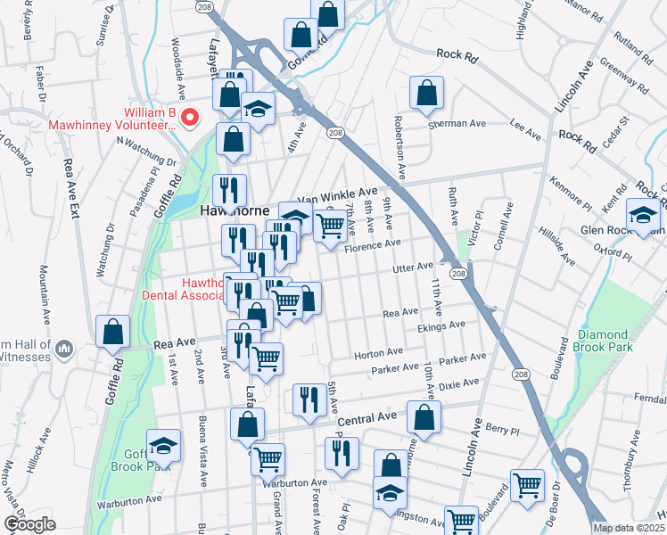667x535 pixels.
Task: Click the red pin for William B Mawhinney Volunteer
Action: (189, 117)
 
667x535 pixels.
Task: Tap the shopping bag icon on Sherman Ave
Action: (427, 92)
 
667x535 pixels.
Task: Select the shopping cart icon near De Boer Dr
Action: (528, 484)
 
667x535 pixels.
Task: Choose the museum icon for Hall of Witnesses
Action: (63, 346)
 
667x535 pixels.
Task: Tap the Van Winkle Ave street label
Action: (337, 193)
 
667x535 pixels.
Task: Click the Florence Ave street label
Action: (373, 246)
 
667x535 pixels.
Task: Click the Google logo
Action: (29, 524)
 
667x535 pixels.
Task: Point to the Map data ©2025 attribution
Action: (628, 528)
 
